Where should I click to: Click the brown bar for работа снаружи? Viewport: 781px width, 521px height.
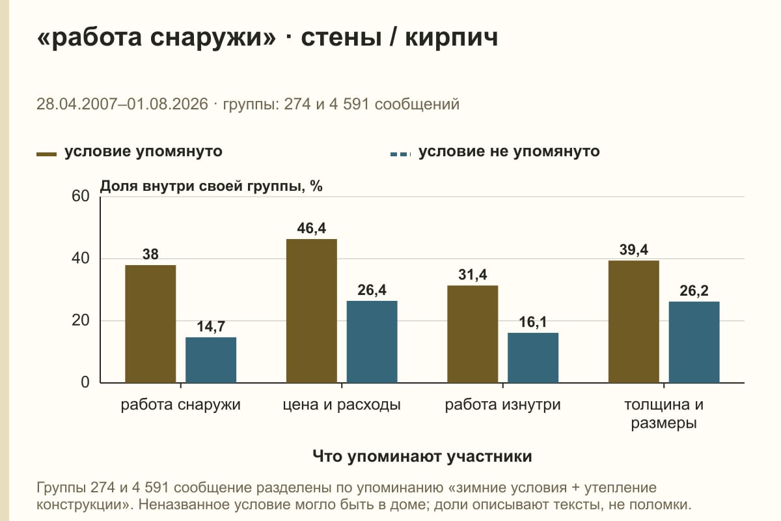150,324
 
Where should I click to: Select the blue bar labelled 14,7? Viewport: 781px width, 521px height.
211,360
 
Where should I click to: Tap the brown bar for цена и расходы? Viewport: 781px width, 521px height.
312,311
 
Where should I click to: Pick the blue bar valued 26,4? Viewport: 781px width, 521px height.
372,342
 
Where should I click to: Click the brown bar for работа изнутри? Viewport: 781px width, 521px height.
473,334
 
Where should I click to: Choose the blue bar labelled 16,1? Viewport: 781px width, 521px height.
533,358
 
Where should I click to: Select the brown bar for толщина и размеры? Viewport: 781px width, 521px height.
634,322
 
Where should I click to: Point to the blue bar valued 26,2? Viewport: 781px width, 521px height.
694,343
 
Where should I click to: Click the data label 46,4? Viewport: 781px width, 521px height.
312,228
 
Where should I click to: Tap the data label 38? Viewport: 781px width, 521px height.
150,255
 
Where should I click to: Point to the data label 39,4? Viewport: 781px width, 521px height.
634,250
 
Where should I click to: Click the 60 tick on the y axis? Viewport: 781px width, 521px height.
81,196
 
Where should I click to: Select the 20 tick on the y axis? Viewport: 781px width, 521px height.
81,320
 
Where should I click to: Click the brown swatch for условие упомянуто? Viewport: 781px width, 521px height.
46,154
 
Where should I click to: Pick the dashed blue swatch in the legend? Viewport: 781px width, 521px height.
401,154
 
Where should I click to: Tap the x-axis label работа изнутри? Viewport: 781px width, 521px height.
502,405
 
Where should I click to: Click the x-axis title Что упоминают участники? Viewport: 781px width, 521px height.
422,457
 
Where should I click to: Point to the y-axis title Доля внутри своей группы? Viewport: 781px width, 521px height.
201,186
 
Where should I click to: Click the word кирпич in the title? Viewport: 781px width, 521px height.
452,37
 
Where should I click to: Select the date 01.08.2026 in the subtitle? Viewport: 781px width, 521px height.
167,104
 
